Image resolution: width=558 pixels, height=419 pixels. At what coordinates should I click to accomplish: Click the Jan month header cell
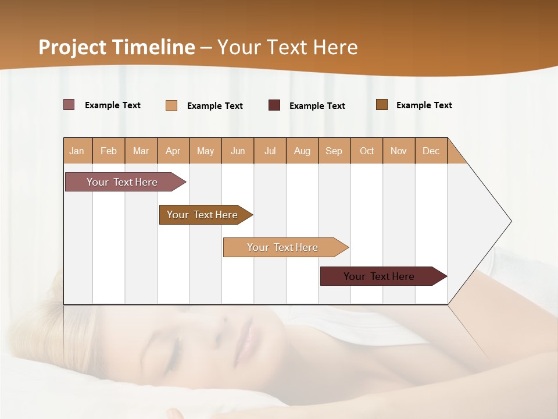[77, 151]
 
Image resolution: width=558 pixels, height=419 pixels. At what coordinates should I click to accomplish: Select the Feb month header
[109, 151]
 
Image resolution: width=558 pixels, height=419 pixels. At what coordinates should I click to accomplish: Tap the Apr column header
[173, 151]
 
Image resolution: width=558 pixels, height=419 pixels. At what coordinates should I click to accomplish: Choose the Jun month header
[238, 151]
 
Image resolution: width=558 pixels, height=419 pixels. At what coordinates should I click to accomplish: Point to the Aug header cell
[302, 151]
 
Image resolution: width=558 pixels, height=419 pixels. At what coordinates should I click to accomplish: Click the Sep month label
[334, 151]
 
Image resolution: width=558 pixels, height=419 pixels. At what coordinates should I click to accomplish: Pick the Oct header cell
[367, 151]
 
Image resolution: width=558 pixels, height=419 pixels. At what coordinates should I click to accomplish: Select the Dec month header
[431, 151]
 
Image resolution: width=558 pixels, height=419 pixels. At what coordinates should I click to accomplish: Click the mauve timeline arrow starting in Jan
[123, 182]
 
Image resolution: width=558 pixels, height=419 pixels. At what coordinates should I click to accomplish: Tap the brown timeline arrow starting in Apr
[203, 215]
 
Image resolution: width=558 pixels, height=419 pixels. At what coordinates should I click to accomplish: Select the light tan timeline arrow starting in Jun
[283, 247]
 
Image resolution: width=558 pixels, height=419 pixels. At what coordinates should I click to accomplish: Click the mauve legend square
[69, 105]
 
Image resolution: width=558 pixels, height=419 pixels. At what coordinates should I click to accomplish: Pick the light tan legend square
[171, 105]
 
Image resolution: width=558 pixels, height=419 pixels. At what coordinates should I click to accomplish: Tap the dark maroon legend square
[274, 105]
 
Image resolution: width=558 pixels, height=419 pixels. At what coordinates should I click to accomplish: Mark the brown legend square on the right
[382, 105]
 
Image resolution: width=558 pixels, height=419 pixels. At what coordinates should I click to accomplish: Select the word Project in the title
[73, 47]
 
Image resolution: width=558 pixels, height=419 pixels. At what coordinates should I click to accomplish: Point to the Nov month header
[399, 151]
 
